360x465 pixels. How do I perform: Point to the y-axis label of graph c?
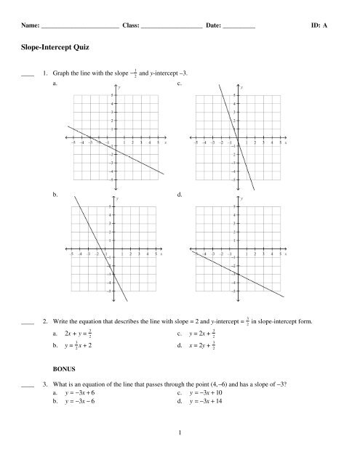click(242, 88)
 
